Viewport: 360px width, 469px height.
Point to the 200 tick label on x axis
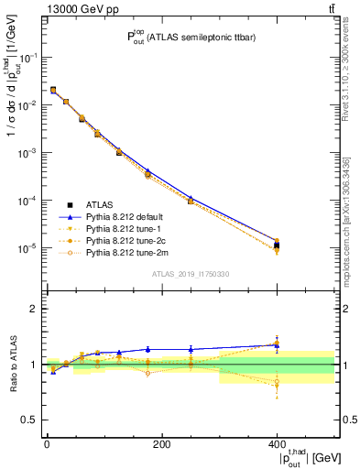tap(161, 444)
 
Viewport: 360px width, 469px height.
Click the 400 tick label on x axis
tap(277, 444)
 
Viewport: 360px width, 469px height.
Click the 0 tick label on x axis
tap(47, 444)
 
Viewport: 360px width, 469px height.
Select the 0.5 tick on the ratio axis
tap(33, 420)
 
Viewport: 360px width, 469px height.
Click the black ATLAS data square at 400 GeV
tap(277, 245)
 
